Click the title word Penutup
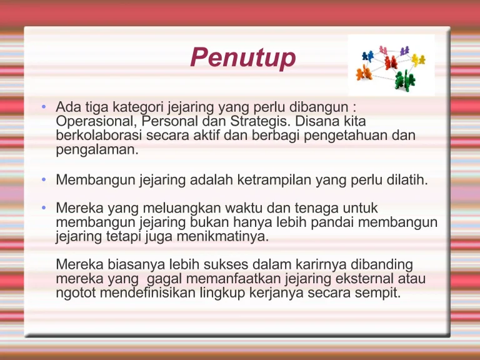(x=243, y=58)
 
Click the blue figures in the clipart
(x=366, y=55)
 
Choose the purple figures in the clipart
(x=404, y=50)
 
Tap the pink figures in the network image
(x=383, y=49)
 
